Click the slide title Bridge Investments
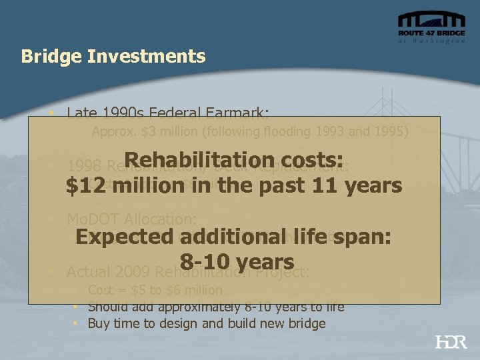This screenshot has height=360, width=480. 113,56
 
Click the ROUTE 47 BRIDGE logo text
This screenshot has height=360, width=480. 431,33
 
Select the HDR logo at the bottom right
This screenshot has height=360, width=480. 451,342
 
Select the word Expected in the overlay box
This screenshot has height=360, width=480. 119,238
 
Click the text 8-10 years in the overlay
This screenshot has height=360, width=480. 237,261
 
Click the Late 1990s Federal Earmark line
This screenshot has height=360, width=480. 167,113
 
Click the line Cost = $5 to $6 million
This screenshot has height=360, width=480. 155,290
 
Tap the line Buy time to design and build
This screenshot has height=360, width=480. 207,323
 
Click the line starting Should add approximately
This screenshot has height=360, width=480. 216,307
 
